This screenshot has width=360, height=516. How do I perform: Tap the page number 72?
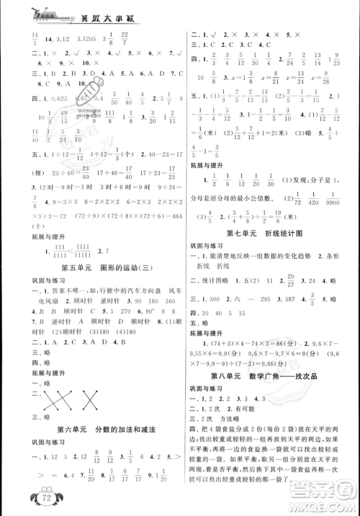pyautogui.click(x=26, y=499)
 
